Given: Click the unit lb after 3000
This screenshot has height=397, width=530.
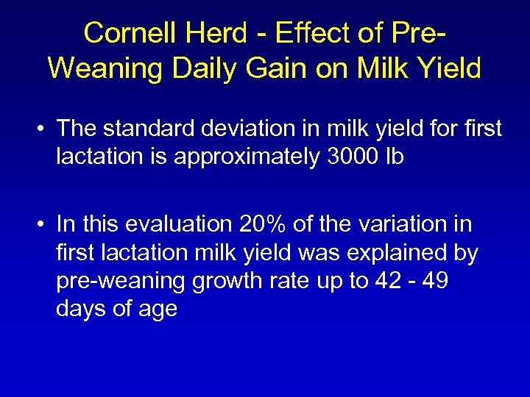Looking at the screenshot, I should tap(394, 157).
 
